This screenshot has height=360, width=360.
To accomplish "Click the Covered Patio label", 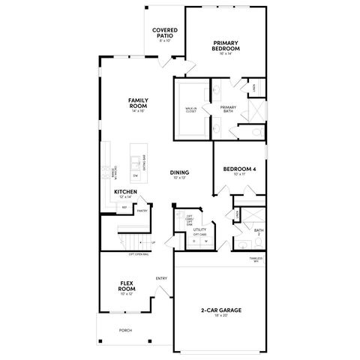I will pyautogui.click(x=164, y=34).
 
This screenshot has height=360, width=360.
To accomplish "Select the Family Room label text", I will pyautogui.click(x=137, y=103).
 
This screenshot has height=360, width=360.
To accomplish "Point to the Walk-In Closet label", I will pyautogui.click(x=191, y=110).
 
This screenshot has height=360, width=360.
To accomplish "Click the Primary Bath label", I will pyautogui.click(x=228, y=109).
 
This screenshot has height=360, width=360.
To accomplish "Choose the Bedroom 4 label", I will pyautogui.click(x=240, y=170).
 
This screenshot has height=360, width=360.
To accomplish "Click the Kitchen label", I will pyautogui.click(x=125, y=193).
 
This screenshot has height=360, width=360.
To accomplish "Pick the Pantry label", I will pyautogui.click(x=142, y=211).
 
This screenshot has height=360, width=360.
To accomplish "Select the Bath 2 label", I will pyautogui.click(x=258, y=232).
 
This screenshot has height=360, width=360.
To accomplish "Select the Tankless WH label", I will pyautogui.click(x=256, y=259).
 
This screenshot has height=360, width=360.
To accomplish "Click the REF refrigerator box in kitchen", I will pyautogui.click(x=124, y=208).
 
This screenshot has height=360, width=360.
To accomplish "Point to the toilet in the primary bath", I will pyautogui.click(x=255, y=132).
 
